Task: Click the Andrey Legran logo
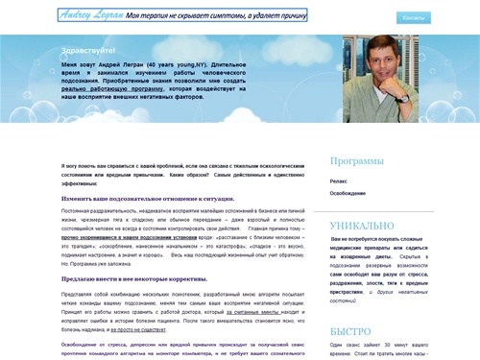point(95,16)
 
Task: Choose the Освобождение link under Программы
point(348,192)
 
